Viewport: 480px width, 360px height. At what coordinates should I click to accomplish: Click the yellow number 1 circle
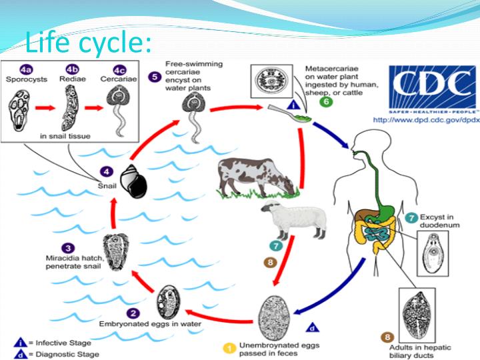click(227, 347)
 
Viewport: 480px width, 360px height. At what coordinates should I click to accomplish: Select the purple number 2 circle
click(134, 313)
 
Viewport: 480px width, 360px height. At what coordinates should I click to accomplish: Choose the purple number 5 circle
click(154, 77)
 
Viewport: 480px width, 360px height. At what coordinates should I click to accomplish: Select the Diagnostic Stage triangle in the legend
click(19, 354)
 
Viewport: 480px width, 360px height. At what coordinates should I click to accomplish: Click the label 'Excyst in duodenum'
click(441, 221)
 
